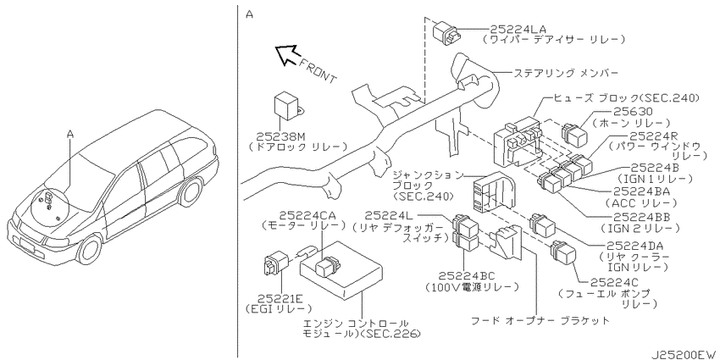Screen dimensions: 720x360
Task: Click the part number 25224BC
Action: click(467, 275)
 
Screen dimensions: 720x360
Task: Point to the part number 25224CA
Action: click(303, 215)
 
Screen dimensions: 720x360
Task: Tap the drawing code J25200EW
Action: click(684, 355)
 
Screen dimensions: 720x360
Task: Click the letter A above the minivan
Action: click(70, 134)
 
